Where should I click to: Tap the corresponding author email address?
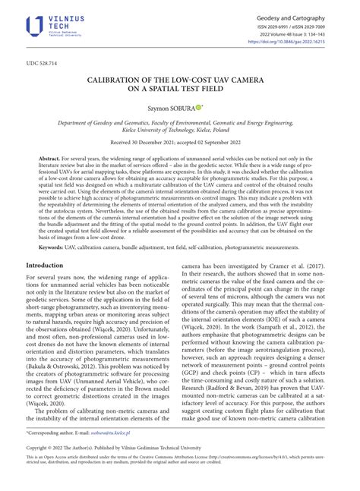102,452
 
